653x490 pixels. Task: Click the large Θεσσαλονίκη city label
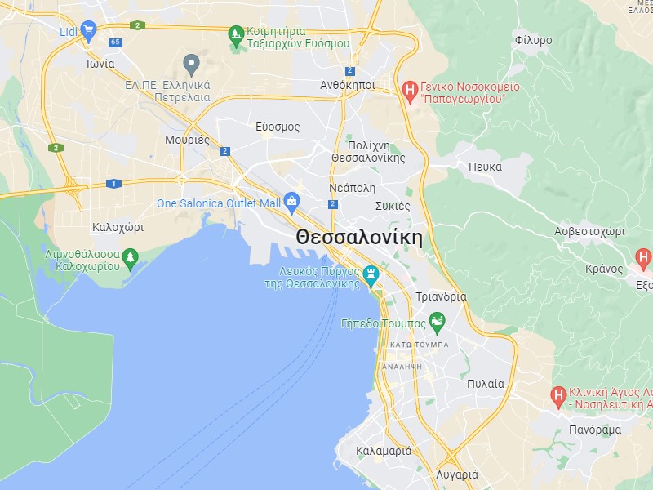359,238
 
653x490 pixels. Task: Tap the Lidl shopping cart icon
89,31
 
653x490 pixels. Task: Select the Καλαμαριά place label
384,451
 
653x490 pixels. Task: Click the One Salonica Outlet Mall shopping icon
291,203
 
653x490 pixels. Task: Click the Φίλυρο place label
534,40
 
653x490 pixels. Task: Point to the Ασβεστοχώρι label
589,231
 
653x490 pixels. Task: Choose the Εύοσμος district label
278,127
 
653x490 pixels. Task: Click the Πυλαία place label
486,383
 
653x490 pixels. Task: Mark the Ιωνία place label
100,63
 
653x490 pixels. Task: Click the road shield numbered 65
114,42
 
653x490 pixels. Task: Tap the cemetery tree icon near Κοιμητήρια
236,33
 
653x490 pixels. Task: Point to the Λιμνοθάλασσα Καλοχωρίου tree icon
130,259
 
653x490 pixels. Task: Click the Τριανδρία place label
441,296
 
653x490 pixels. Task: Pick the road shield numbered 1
113,183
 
